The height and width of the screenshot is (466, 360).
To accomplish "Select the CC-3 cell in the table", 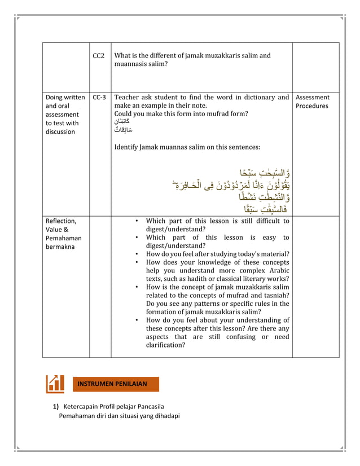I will click(x=99, y=97).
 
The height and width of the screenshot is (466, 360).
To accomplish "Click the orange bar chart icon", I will click(x=55, y=384).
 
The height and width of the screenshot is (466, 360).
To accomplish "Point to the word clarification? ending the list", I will click(x=165, y=345).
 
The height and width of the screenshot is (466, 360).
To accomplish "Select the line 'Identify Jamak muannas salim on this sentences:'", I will click(x=187, y=147).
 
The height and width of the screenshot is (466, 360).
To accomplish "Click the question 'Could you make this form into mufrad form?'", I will click(x=181, y=113).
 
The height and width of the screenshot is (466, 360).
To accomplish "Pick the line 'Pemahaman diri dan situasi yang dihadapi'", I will click(x=119, y=416).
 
